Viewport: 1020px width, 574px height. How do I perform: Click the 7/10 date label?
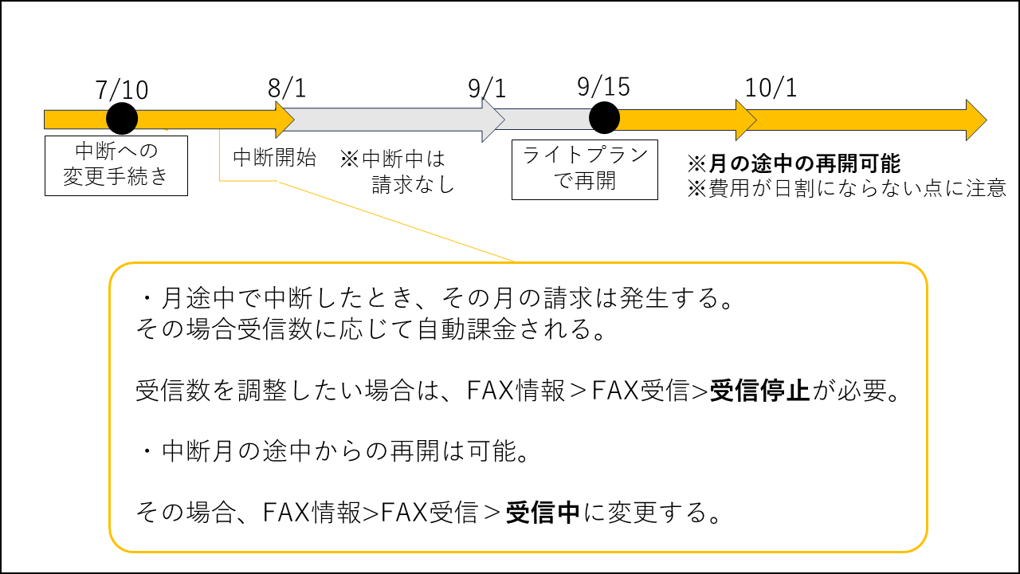pyautogui.click(x=122, y=90)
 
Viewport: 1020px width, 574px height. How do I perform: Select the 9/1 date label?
pyautogui.click(x=487, y=88)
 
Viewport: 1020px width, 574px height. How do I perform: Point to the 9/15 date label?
pyautogui.click(x=603, y=85)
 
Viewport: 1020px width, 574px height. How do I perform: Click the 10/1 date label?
pyautogui.click(x=771, y=88)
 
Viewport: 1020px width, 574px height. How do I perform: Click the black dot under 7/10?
pyautogui.click(x=122, y=119)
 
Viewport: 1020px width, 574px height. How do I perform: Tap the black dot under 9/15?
pyautogui.click(x=604, y=118)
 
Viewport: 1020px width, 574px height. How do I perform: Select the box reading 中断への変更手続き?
pyautogui.click(x=116, y=165)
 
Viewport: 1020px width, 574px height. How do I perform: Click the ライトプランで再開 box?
pyautogui.click(x=585, y=169)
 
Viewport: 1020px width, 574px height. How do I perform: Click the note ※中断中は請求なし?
pyautogui.click(x=398, y=171)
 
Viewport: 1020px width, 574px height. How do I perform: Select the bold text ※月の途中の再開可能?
pyautogui.click(x=794, y=164)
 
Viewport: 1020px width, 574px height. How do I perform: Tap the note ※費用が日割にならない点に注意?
pyautogui.click(x=846, y=189)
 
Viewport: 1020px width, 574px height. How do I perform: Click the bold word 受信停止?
pyautogui.click(x=759, y=391)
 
